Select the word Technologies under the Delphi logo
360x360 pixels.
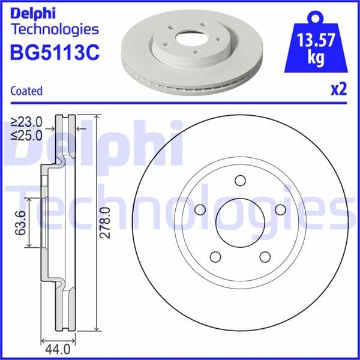pos(54,29)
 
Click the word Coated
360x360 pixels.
pos(26,91)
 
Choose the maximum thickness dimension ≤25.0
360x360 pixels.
pos(27,135)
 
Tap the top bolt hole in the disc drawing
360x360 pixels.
pos(240,181)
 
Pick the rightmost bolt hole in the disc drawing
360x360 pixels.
pos(279,209)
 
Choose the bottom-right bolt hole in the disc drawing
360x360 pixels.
pos(264,256)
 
